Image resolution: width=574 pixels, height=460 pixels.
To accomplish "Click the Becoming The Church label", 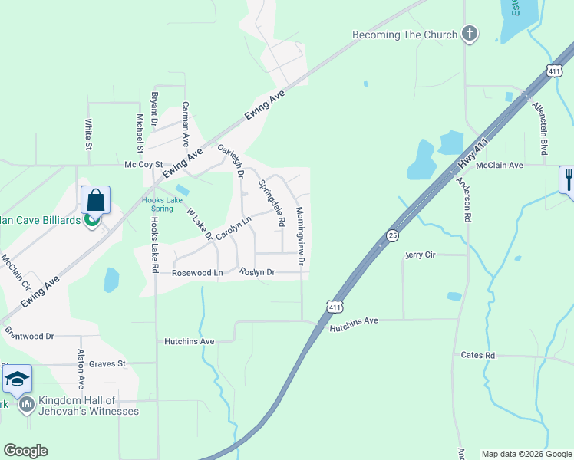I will (404, 34).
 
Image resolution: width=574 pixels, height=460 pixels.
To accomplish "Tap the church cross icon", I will (470, 34).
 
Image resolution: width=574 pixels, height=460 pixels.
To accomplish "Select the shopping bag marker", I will (95, 201).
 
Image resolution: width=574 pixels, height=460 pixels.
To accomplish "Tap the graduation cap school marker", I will (17, 378).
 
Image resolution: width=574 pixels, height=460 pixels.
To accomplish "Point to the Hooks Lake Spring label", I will (162, 205).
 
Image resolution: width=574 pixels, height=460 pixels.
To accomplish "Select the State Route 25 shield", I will (392, 235).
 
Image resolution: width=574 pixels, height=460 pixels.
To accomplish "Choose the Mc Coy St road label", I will (144, 165).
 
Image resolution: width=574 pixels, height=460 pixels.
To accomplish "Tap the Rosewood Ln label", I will (197, 273).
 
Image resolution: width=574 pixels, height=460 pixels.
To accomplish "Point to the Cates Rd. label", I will (479, 355).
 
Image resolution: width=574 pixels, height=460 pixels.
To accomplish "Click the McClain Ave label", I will (499, 165).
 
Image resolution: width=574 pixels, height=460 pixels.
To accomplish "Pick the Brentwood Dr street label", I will (29, 336).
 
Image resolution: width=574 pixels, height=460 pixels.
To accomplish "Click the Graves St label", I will (107, 364).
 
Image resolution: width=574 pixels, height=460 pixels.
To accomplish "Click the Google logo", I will (25, 451).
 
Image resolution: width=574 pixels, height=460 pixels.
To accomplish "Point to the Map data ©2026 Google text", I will (526, 454).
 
